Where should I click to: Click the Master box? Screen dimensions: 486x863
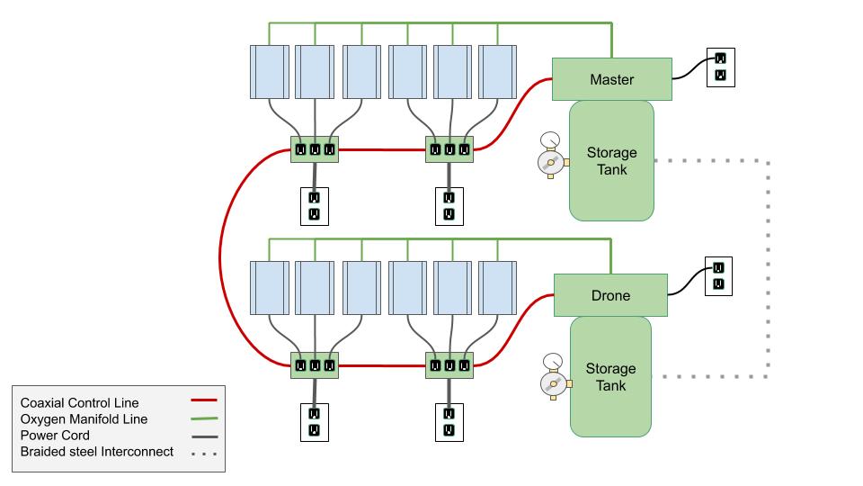611,79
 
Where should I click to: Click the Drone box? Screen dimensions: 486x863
610,295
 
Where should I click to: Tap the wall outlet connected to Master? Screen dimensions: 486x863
720,67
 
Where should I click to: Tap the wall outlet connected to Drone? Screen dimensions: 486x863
718,275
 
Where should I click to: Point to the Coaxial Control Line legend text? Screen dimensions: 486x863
80,402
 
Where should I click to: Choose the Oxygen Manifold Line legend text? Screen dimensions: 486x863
84,418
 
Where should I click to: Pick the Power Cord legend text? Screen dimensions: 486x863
55,435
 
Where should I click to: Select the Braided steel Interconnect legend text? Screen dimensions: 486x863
97,451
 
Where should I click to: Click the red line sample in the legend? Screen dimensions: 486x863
206,402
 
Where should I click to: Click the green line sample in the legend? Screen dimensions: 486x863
206,418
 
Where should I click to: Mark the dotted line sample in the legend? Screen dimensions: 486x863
206,451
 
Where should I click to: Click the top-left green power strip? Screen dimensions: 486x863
315,149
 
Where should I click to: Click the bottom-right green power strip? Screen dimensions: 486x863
449,365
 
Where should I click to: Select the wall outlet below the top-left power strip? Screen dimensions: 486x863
315,205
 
